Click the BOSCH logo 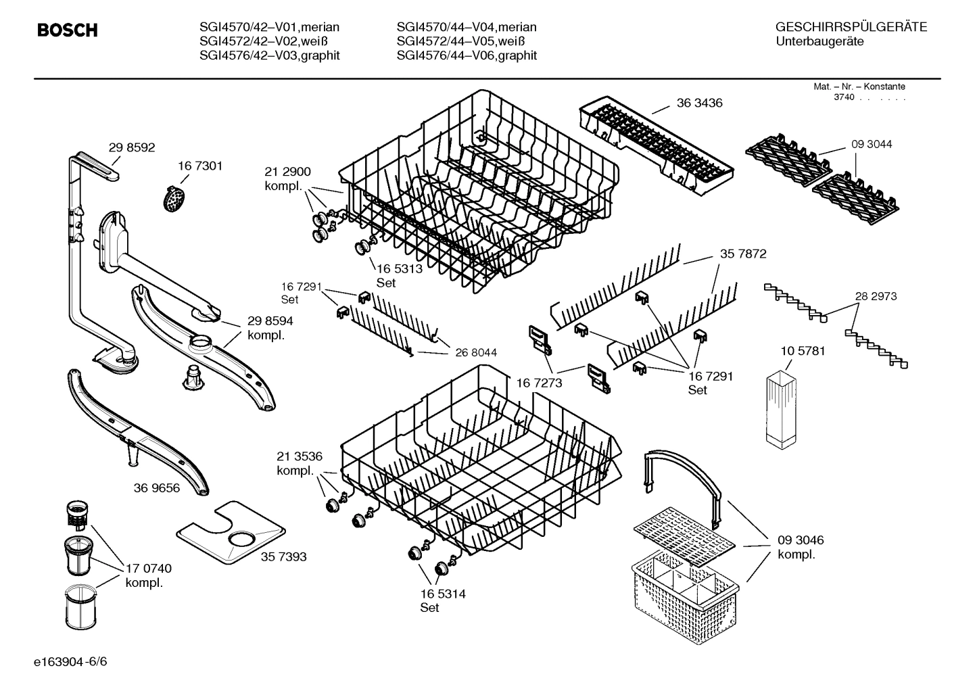[67, 30]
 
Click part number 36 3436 [699, 103]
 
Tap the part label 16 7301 [199, 166]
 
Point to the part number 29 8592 [132, 147]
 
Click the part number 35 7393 [283, 556]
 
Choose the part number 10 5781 [803, 351]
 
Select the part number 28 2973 [876, 296]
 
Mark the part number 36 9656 [157, 488]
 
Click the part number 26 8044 [476, 352]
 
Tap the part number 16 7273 [539, 383]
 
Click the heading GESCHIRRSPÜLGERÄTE [851, 27]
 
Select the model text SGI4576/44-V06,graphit [467, 55]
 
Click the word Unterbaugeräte [819, 42]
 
